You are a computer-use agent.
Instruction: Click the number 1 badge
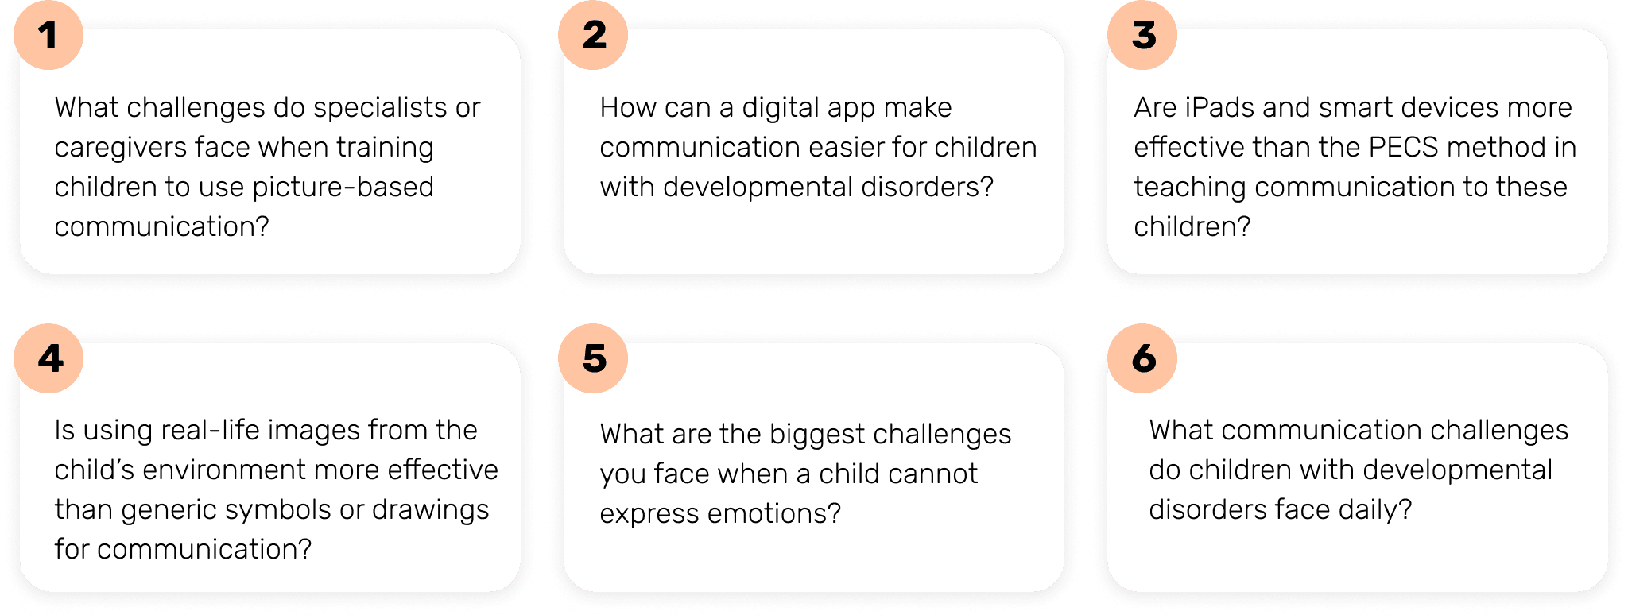(x=48, y=35)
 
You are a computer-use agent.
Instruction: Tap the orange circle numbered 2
(x=593, y=35)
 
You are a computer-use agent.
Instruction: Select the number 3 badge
(x=1142, y=35)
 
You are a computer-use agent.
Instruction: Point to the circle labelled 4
(x=48, y=358)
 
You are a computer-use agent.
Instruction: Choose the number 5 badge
(x=593, y=358)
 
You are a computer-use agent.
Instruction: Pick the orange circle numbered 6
(x=1142, y=358)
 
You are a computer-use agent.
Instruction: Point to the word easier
(x=846, y=148)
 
